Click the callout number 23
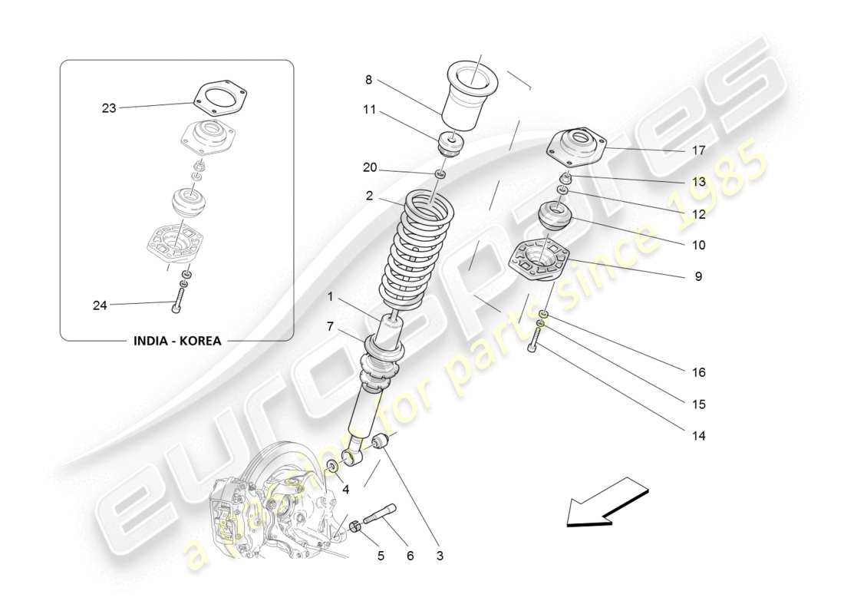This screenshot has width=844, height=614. tap(109, 108)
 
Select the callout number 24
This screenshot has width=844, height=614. tap(100, 305)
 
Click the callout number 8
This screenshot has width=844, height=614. tap(368, 79)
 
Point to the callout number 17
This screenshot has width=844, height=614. tap(698, 150)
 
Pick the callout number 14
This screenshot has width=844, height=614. tap(698, 436)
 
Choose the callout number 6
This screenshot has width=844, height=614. tap(410, 556)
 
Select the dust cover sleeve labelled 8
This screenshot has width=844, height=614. tap(470, 96)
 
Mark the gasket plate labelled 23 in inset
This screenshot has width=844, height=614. tap(212, 97)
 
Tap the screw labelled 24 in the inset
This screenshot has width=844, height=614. tap(179, 296)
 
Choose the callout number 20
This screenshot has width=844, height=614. tap(370, 167)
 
